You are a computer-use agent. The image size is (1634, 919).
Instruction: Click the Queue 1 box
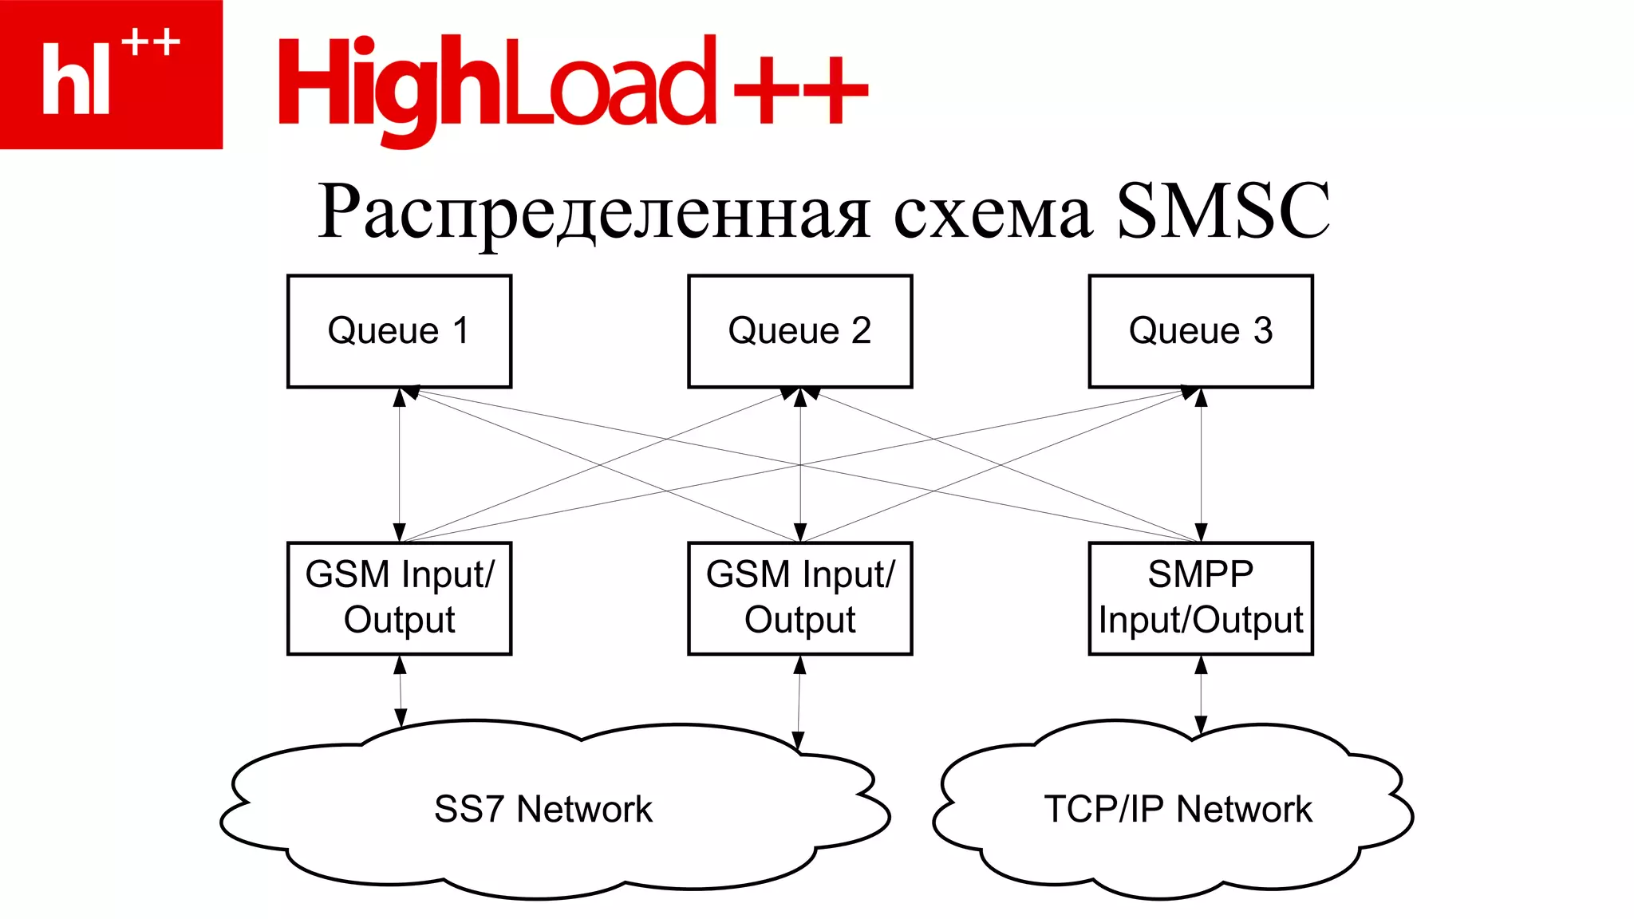(399, 331)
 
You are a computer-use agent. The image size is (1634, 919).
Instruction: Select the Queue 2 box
(799, 331)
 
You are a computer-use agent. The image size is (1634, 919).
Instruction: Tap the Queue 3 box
(1200, 331)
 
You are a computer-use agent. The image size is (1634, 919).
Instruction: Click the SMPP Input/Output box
(1200, 598)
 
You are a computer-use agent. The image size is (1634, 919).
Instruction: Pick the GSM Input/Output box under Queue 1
(399, 598)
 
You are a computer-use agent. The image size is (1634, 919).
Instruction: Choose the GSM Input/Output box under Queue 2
(799, 598)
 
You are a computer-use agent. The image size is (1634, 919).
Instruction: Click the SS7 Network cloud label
(543, 809)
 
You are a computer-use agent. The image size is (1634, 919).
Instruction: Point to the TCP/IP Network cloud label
(1178, 809)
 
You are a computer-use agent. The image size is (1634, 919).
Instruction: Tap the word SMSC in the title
(1222, 211)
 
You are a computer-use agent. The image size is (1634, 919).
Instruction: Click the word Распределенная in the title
(594, 213)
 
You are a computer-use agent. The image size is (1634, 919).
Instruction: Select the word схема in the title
(992, 215)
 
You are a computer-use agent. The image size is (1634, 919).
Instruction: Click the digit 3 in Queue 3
(1262, 330)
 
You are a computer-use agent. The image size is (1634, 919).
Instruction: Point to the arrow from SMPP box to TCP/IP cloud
(1201, 694)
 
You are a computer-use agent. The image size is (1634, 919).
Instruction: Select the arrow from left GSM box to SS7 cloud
(401, 691)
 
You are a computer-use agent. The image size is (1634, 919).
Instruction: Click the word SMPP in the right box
(1200, 574)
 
